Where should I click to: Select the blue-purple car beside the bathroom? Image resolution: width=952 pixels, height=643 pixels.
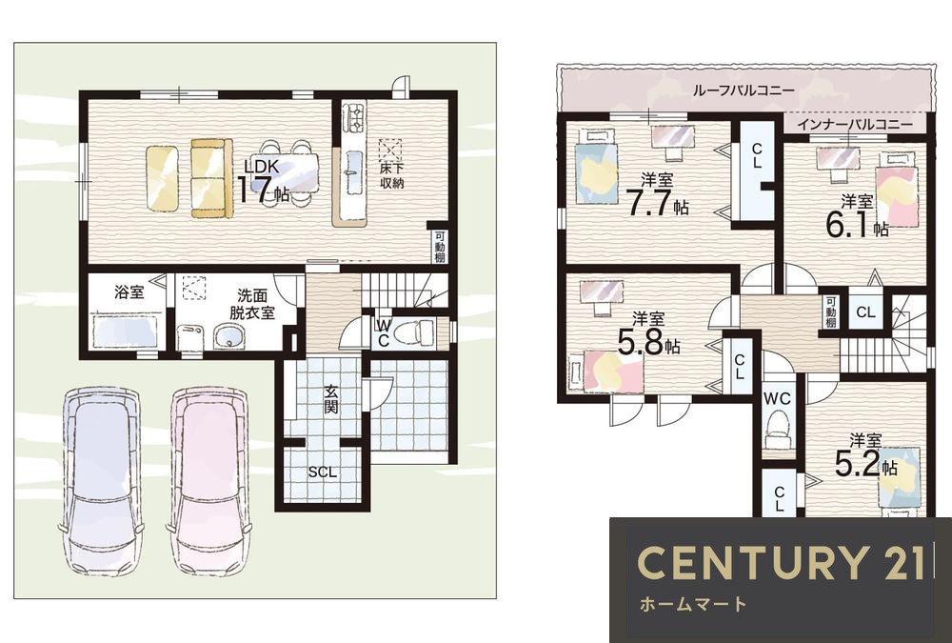(101, 479)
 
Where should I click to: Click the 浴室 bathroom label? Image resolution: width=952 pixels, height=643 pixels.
(129, 292)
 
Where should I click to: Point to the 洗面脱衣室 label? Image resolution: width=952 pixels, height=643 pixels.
(252, 305)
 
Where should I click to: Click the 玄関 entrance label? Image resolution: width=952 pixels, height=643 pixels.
(330, 399)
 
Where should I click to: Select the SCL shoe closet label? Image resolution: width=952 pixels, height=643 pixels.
(323, 472)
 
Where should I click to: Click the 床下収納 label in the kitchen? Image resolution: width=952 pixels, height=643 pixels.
(392, 174)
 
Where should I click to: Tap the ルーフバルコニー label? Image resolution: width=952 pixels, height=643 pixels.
(744, 90)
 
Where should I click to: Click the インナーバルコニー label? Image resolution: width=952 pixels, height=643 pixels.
(854, 125)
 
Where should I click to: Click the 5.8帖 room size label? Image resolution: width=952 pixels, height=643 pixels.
(648, 334)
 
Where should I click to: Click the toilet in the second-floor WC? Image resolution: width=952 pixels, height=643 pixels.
(778, 428)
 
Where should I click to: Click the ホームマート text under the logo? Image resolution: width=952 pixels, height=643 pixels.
(693, 604)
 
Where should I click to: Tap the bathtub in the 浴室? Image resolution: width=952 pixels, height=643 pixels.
(125, 331)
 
